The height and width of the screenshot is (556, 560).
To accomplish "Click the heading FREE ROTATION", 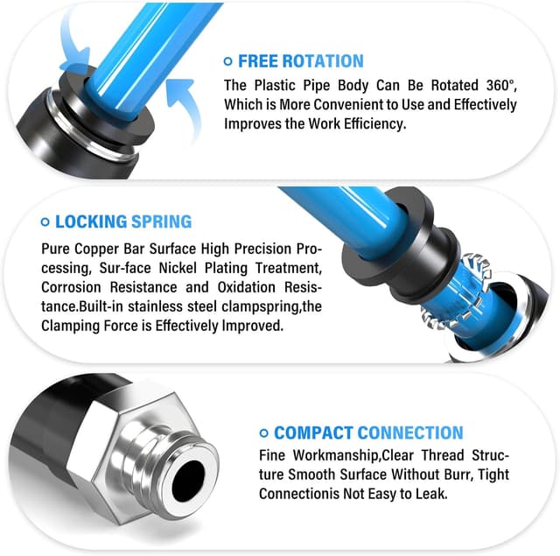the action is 301,61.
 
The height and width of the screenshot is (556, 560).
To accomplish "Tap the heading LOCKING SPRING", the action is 123,222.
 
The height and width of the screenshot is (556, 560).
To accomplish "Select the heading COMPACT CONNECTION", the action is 368,433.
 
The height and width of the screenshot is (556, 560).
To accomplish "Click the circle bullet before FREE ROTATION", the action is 228,61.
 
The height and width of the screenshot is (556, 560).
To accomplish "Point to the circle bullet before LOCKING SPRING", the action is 45,222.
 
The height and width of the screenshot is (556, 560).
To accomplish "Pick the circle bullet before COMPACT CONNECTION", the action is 264,433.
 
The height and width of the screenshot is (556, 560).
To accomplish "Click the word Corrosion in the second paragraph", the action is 71,287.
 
